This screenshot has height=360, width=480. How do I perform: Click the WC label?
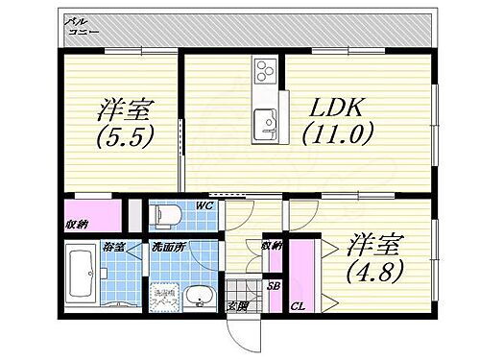click(x=204, y=205)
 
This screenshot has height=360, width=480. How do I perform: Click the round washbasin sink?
click(x=200, y=298)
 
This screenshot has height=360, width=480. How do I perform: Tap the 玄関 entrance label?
click(x=236, y=306)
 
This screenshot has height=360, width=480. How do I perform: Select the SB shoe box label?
click(x=274, y=286)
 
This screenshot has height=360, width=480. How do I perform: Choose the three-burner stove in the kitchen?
click(x=265, y=71)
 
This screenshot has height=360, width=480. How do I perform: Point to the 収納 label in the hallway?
click(x=276, y=247)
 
